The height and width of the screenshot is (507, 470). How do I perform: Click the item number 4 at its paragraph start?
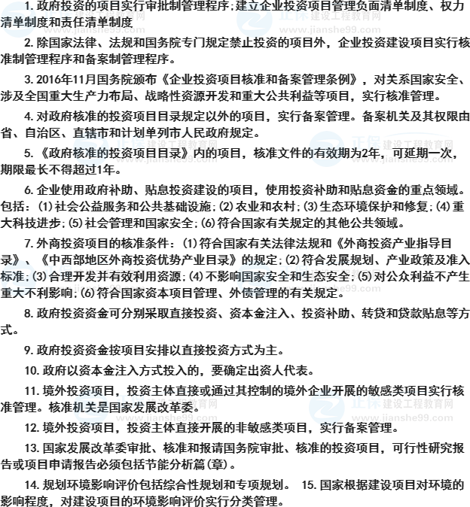[27, 116]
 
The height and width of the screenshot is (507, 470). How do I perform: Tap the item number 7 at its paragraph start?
[27, 243]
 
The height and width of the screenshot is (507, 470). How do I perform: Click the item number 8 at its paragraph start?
[27, 313]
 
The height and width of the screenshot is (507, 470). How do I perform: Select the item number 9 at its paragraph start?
[27, 350]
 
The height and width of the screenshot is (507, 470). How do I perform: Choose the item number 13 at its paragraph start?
[29, 448]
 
